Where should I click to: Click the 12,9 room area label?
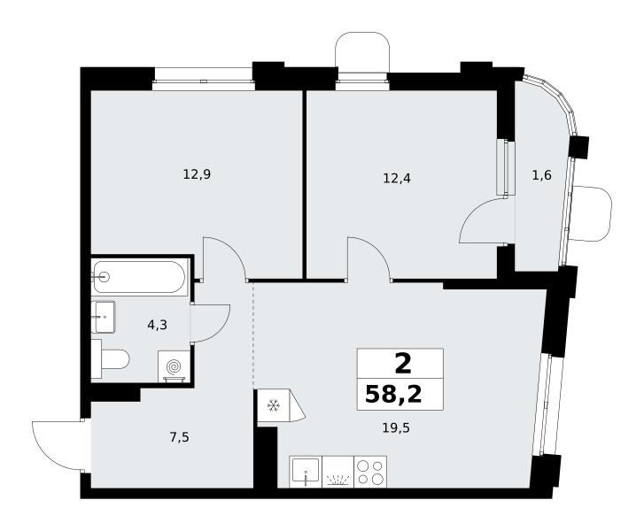(197, 175)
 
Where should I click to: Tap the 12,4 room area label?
(397, 179)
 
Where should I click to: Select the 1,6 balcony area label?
(542, 175)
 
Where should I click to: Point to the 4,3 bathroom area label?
(158, 326)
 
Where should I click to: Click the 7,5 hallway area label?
(180, 438)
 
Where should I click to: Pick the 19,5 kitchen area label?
(396, 429)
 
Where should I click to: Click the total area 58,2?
(393, 395)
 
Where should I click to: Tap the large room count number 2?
(403, 364)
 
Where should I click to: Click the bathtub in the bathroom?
(140, 277)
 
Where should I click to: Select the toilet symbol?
(111, 359)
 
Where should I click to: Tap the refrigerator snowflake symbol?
(273, 406)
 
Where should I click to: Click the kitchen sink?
(306, 472)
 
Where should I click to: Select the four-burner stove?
(370, 472)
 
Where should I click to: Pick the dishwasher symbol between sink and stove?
(338, 472)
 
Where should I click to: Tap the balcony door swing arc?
(472, 212)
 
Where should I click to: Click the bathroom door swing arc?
(220, 329)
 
